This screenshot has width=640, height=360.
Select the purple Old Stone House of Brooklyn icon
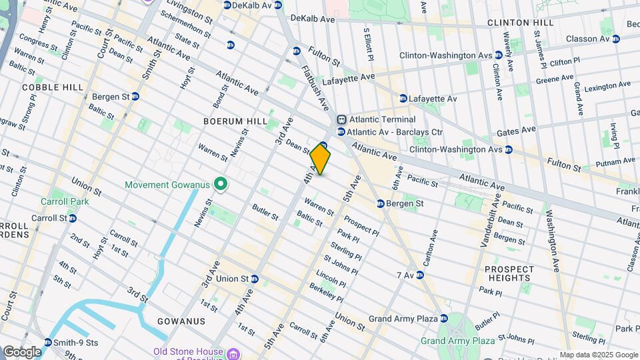231,352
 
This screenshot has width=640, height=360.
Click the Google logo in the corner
22,351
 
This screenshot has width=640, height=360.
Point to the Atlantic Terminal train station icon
341,119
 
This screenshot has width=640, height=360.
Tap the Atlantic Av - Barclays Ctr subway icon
341,132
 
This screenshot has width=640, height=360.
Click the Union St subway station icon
254,279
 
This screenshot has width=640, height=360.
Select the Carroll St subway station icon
72,218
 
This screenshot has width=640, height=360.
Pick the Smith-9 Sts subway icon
47,343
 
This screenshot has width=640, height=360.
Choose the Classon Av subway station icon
616,39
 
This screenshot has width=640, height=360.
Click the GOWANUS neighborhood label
181,321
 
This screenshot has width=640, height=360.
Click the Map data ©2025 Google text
598,355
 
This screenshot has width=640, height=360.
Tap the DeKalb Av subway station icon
227,5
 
